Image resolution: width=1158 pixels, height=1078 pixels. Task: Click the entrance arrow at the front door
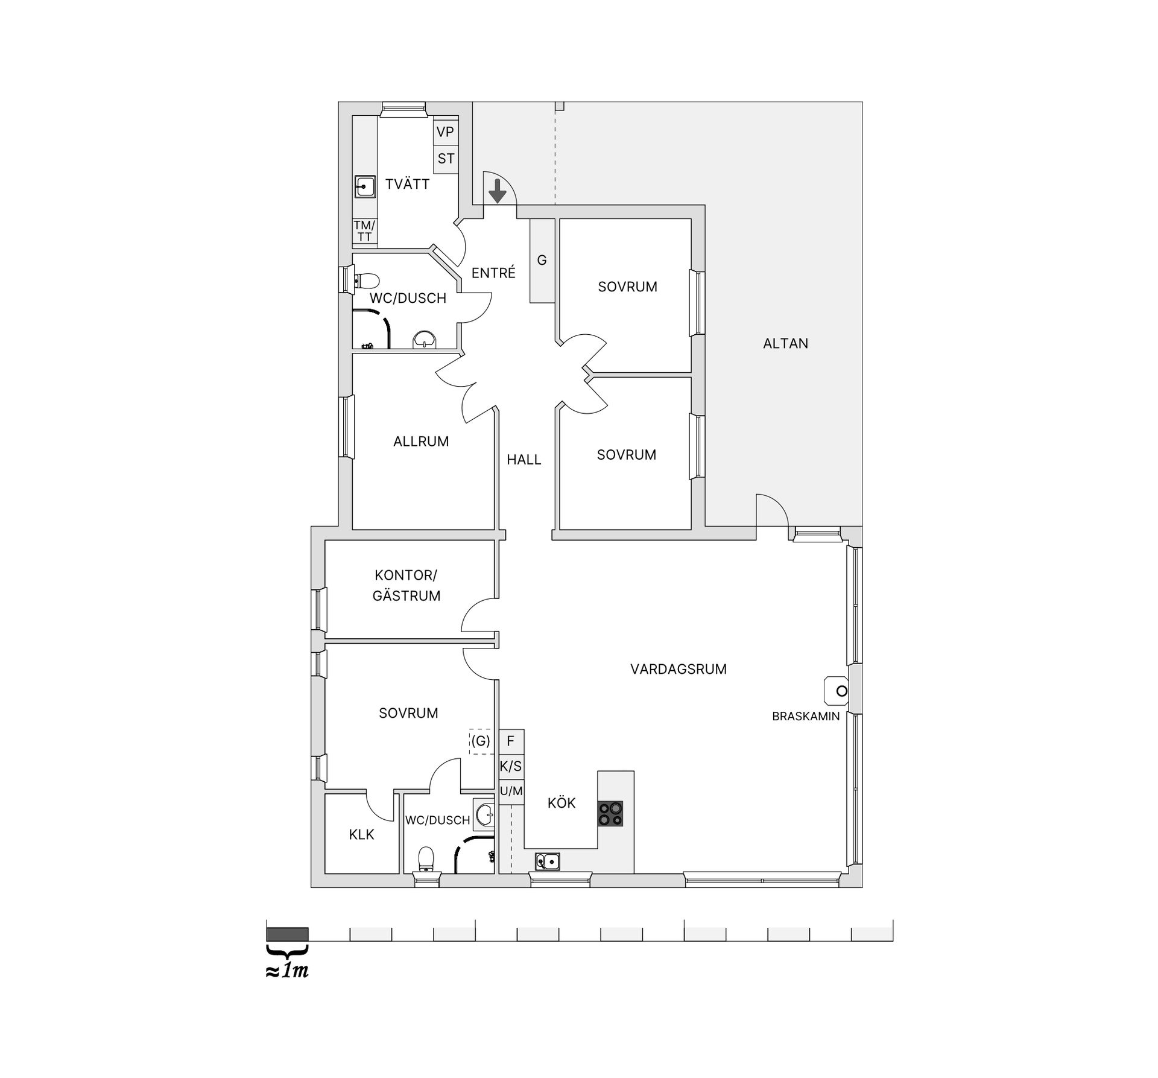[x=497, y=190]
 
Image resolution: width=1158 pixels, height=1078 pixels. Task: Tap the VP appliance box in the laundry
[x=446, y=131]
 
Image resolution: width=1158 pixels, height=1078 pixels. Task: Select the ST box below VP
[x=446, y=159]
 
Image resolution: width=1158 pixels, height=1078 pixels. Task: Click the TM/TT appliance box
[x=364, y=231]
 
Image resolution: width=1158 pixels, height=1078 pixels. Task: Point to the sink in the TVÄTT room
[x=364, y=186]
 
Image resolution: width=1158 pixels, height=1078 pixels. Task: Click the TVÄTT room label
[x=408, y=184]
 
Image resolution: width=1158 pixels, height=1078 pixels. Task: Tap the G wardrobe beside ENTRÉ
[x=542, y=260]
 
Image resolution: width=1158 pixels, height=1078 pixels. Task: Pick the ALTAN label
[x=785, y=343]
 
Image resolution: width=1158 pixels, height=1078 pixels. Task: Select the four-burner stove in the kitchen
[x=610, y=813]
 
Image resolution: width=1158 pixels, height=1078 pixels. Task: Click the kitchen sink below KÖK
[x=547, y=862]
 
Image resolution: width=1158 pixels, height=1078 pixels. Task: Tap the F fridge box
[x=511, y=741]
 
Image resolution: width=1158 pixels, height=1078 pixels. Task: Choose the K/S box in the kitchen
[x=511, y=767]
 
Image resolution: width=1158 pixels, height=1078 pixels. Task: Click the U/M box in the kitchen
[x=511, y=791]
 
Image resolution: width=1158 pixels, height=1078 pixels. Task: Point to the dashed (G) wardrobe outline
[x=481, y=741]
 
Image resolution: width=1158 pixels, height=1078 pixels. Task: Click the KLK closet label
[x=361, y=834]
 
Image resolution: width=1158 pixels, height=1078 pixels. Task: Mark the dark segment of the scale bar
[x=287, y=934]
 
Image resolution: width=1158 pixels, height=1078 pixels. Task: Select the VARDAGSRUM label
[x=679, y=669]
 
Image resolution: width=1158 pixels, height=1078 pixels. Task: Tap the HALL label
[x=524, y=460]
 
